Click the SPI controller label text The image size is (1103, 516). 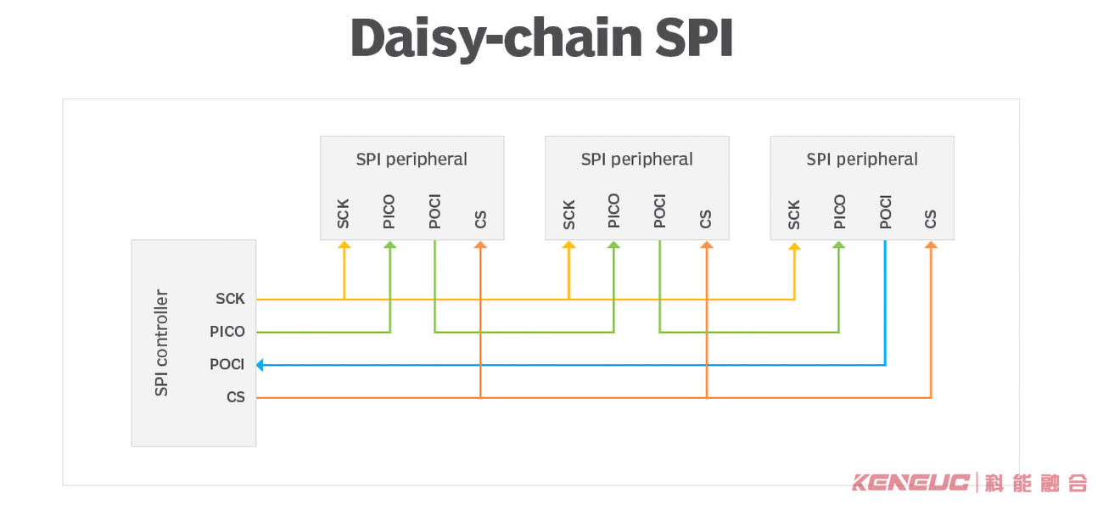(x=161, y=343)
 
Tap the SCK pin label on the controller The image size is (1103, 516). (x=230, y=299)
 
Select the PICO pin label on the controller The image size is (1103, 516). (x=227, y=332)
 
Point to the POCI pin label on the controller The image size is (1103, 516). (x=227, y=365)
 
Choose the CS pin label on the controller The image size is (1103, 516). (x=236, y=397)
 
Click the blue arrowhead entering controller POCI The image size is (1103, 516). (x=260, y=365)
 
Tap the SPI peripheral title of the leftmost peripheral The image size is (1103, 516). (x=412, y=160)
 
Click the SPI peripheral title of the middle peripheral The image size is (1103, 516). (x=636, y=160)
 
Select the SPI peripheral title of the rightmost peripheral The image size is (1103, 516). (x=862, y=160)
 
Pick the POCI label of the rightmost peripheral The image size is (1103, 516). (x=885, y=212)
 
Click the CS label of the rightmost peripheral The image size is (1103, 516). (x=931, y=219)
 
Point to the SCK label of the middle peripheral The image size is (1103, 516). (x=569, y=215)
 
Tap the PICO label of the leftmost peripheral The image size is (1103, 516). (x=389, y=212)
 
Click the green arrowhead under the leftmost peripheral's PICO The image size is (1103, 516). (x=389, y=245)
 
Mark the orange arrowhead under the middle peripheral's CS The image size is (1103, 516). (x=706, y=245)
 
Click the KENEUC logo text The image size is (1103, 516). (x=910, y=483)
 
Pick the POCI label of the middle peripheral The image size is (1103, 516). (x=659, y=212)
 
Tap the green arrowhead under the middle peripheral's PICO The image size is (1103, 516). (x=614, y=245)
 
